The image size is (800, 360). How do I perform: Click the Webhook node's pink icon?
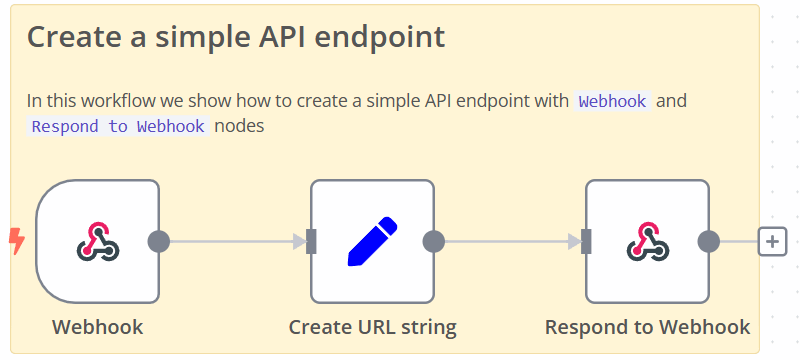pyautogui.click(x=98, y=241)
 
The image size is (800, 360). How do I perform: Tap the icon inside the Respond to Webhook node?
pyautogui.click(x=647, y=241)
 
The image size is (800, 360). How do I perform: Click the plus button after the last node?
pyautogui.click(x=772, y=241)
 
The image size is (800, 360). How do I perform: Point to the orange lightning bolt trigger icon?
pyautogui.click(x=16, y=240)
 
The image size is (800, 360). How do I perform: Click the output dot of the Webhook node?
pyautogui.click(x=159, y=241)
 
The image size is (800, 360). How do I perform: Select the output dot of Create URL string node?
pyautogui.click(x=434, y=241)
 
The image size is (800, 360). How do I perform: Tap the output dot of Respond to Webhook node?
pyautogui.click(x=709, y=241)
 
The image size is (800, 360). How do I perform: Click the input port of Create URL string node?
pyautogui.click(x=311, y=241)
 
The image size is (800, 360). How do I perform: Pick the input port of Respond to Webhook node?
pyautogui.click(x=586, y=241)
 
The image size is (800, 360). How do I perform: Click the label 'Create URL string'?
pyautogui.click(x=372, y=327)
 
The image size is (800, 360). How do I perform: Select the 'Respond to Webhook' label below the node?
pyautogui.click(x=647, y=327)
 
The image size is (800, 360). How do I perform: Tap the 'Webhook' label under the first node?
pyautogui.click(x=97, y=327)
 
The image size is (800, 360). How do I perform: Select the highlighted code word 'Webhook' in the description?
pyautogui.click(x=613, y=101)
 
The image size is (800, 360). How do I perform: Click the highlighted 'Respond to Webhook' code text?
pyautogui.click(x=118, y=127)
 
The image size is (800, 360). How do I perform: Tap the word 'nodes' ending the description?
pyautogui.click(x=239, y=127)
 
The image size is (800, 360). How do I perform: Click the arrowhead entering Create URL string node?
pyautogui.click(x=298, y=241)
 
